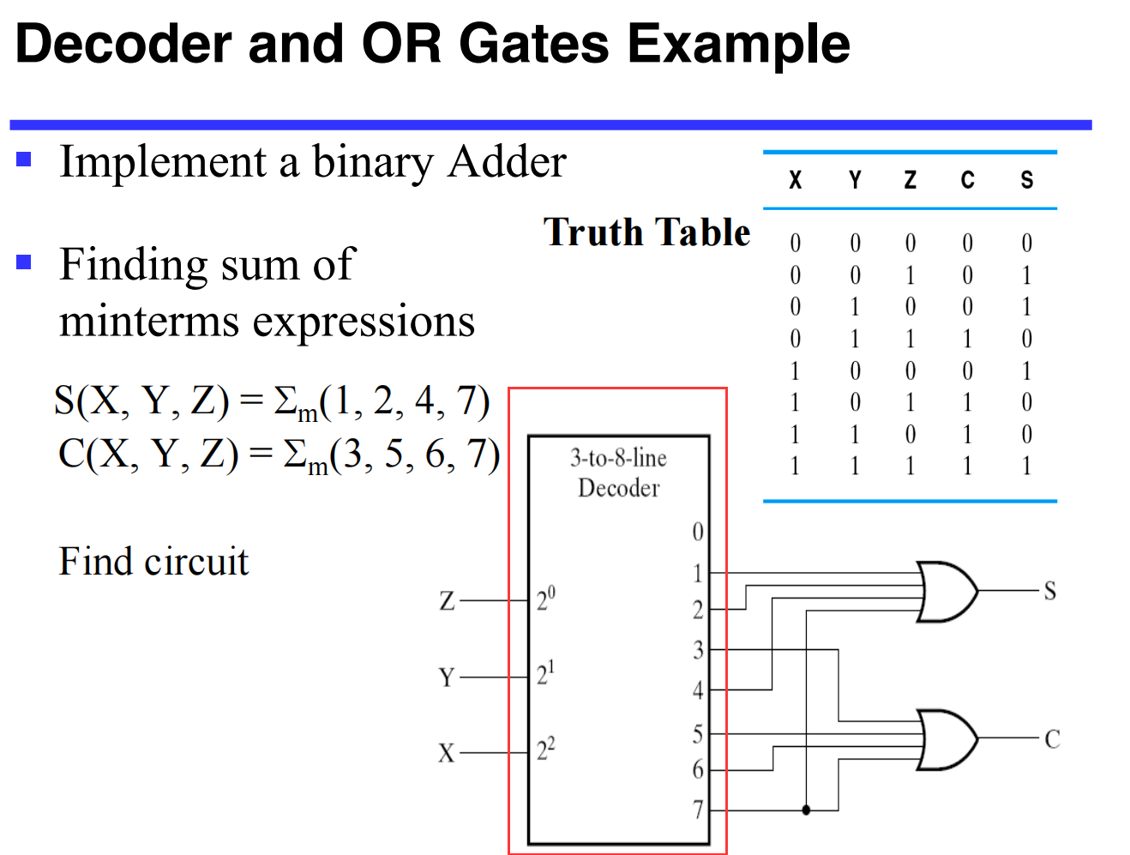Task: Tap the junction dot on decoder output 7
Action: tap(806, 810)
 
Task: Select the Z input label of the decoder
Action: tap(447, 601)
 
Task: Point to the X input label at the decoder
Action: tap(447, 753)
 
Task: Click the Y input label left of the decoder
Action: tap(447, 677)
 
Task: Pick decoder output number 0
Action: tap(698, 532)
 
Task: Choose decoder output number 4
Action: tap(698, 689)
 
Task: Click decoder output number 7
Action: tap(698, 809)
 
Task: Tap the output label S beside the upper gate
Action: tap(1049, 591)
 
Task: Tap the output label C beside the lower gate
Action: tap(1052, 738)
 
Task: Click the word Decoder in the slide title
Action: tap(123, 44)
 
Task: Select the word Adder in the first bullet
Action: tap(508, 162)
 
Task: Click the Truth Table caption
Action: tap(647, 232)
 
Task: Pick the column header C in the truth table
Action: tap(967, 180)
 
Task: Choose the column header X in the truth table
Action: tap(796, 180)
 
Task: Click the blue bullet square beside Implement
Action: tap(24, 159)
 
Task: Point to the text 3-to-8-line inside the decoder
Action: tap(618, 458)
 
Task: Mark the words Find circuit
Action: tap(153, 562)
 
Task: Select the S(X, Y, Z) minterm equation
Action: tap(272, 401)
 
